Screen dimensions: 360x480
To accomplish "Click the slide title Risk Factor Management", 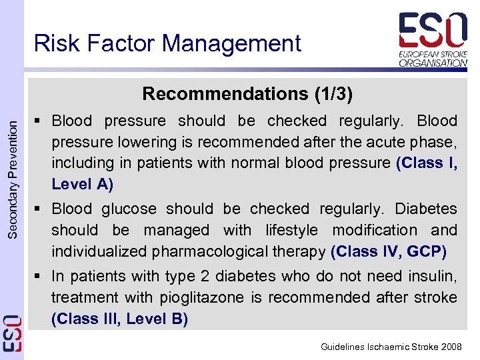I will (167, 43).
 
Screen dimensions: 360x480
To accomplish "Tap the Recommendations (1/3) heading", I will (247, 93).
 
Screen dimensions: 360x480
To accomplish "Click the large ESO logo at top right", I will (433, 30).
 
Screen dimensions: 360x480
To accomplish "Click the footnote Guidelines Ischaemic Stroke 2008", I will (391, 347).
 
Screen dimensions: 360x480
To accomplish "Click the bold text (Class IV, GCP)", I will (389, 252).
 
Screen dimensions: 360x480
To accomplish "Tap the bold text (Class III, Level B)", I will (120, 319).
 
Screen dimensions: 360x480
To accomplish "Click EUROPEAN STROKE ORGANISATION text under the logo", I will (433, 57).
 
